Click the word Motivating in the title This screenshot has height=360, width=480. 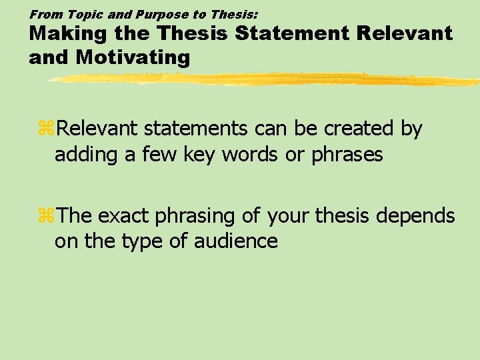(133, 57)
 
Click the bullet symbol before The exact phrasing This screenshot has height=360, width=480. (47, 216)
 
